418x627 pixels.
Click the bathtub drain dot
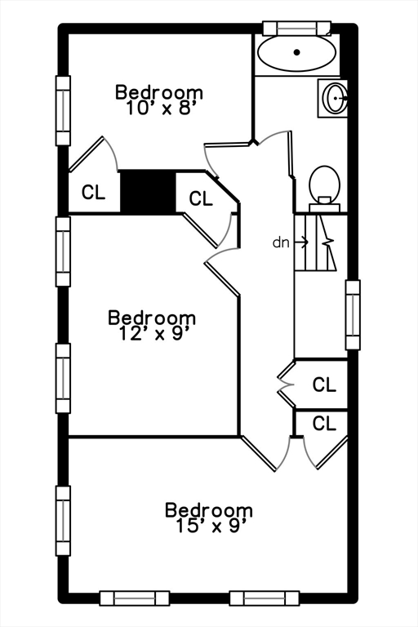tap(297, 52)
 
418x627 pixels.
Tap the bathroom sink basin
tap(336, 98)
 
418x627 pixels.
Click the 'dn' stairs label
tap(280, 242)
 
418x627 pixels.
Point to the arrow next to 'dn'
tap(300, 242)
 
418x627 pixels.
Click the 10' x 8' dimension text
tap(160, 108)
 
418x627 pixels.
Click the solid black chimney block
tap(148, 193)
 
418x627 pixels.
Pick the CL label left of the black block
tap(93, 193)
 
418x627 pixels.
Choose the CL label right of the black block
tap(200, 198)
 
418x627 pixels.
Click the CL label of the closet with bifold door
tap(324, 385)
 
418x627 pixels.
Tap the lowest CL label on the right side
tap(324, 423)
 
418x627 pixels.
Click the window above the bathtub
tap(297, 28)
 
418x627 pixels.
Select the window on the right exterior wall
tap(353, 314)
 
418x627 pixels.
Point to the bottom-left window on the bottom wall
tap(135, 598)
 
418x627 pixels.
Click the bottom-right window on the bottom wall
tap(265, 598)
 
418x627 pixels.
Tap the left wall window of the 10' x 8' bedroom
tap(63, 110)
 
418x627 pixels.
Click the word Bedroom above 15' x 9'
tap(209, 510)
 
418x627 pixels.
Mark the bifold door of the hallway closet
tap(286, 385)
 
